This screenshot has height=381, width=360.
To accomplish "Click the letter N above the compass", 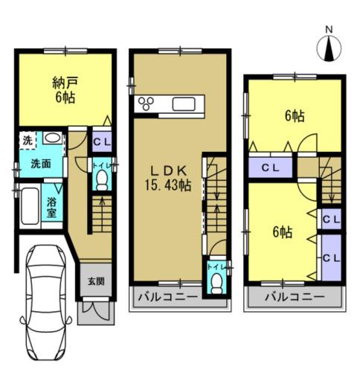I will (x=328, y=31).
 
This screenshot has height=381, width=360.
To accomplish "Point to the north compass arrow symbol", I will (x=328, y=50).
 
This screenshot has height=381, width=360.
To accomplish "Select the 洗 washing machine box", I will (x=27, y=139).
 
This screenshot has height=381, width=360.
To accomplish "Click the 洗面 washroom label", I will (x=40, y=164).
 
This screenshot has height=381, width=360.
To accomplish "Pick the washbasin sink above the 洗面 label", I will (x=52, y=138).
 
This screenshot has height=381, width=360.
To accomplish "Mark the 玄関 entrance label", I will (x=96, y=281).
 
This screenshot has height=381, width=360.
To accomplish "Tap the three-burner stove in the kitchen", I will (x=146, y=104).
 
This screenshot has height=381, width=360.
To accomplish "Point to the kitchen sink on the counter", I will (x=184, y=103).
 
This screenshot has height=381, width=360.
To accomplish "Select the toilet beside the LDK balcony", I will (x=216, y=278).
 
